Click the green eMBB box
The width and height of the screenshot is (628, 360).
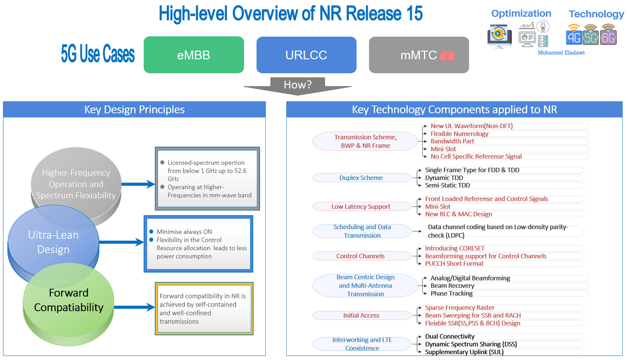tap(194, 54)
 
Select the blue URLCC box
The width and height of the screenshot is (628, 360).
tap(306, 54)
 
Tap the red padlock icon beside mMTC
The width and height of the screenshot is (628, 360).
tap(447, 55)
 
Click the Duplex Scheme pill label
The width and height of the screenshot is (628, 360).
tap(361, 178)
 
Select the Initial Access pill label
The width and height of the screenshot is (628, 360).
tap(361, 316)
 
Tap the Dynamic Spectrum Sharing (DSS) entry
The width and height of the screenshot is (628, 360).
tap(472, 344)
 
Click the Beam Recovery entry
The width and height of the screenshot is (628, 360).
tap(452, 286)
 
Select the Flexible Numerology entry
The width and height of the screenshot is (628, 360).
tap(459, 134)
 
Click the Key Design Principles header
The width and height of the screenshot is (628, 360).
tap(134, 109)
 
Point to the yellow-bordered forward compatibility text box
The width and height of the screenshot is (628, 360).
tap(205, 308)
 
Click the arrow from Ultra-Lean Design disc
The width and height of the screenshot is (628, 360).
tap(121, 242)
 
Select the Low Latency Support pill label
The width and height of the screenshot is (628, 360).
tap(361, 207)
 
